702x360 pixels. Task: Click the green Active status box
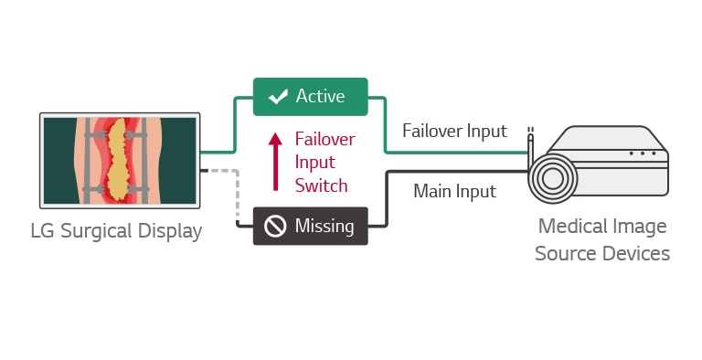click(x=311, y=96)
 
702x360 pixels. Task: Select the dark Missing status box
click(x=311, y=226)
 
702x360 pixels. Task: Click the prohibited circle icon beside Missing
click(x=275, y=226)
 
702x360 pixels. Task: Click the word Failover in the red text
click(x=324, y=140)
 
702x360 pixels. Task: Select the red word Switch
click(x=320, y=185)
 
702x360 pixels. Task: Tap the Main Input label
click(x=454, y=191)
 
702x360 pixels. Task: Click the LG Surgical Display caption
click(x=116, y=231)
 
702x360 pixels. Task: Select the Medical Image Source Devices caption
click(x=601, y=239)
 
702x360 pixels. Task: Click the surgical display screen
click(x=120, y=160)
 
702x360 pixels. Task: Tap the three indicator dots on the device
click(x=643, y=153)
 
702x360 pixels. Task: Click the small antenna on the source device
click(x=530, y=142)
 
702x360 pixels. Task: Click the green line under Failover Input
click(x=457, y=152)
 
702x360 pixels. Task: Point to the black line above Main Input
click(x=457, y=171)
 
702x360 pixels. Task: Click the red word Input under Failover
click(x=314, y=162)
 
